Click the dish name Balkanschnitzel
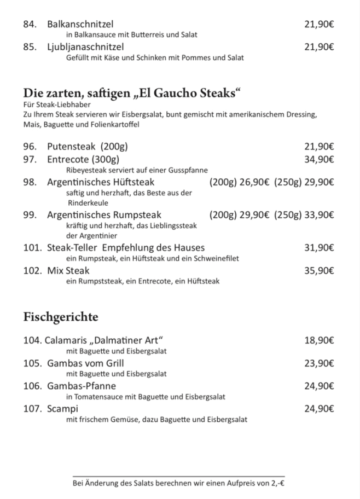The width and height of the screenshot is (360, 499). pos(80,24)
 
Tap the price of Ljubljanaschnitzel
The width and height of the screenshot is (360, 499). pos(319,47)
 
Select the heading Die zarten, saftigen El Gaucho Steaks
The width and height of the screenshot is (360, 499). pos(132,92)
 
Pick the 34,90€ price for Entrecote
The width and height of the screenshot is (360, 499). pos(319,159)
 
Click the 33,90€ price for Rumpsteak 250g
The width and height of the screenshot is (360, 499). pos(319,215)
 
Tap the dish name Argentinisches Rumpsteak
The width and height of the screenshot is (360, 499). pos(104,215)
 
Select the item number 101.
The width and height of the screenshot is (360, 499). pos(32,248)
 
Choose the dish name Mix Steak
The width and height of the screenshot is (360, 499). pos(68,270)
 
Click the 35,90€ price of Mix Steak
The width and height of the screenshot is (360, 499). pos(319,270)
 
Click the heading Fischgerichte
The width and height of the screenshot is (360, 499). pos(60,317)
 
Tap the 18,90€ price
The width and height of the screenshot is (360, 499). pos(319,340)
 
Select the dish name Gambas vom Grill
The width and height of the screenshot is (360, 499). pos(85,363)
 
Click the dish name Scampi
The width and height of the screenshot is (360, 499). pos(62,409)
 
